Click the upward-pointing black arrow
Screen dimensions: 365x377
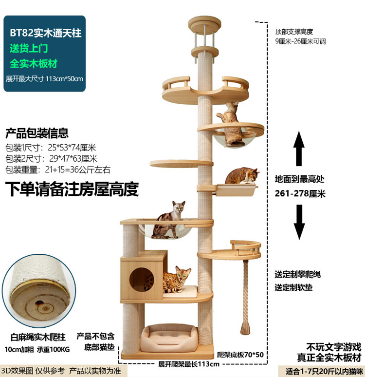pos(299,149)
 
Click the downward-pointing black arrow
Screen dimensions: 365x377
pos(299,222)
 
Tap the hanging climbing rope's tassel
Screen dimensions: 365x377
pos(245,329)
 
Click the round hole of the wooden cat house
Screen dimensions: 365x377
pos(142,280)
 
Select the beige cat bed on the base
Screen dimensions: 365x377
pos(169,338)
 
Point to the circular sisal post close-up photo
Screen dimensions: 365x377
pos(39,291)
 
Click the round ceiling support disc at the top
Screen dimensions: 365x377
pos(204,23)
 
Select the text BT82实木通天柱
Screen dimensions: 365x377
pos(46,33)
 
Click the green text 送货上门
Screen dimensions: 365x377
pos(29,48)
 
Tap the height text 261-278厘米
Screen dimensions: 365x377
pos(300,193)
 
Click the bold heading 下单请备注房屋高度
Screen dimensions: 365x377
pos(72,189)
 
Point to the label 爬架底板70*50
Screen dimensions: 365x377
pos(240,355)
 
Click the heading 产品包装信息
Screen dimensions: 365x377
pos(37,133)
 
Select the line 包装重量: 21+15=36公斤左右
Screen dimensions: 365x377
pos(58,170)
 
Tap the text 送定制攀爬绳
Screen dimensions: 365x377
pos(298,274)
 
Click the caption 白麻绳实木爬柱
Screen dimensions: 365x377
pos(38,337)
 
